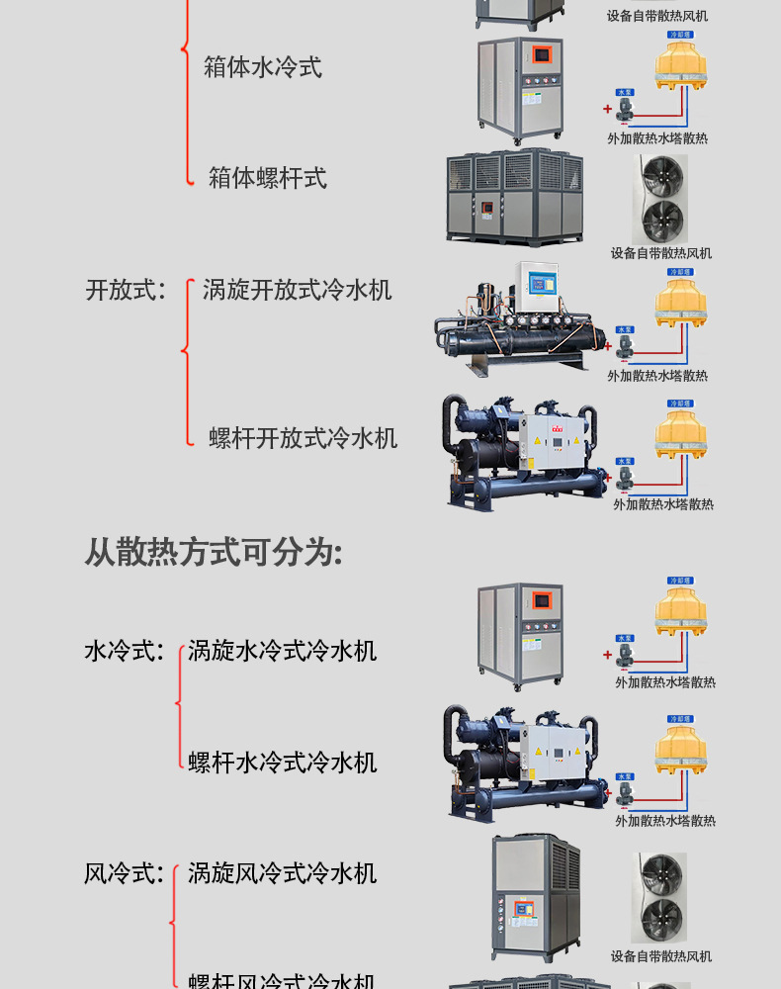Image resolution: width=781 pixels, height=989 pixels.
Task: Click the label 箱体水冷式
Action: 262,67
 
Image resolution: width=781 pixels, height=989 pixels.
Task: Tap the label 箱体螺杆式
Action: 267,178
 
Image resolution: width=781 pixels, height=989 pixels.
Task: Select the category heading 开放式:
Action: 126,290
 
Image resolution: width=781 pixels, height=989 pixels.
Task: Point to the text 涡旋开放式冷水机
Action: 297,290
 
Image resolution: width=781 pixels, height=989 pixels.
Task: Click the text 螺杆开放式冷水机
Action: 303,438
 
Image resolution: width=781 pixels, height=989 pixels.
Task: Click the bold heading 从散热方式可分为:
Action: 213,552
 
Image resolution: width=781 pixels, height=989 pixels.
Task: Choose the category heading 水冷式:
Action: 124,651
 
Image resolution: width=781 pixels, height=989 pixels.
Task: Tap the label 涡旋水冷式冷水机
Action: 282,651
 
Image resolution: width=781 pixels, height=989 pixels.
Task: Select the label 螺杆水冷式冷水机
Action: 282,763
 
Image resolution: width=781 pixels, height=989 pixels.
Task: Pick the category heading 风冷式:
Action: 124,873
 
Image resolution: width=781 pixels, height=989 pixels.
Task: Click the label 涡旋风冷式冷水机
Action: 282,873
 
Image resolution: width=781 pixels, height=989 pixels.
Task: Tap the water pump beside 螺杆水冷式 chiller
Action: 624,790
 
